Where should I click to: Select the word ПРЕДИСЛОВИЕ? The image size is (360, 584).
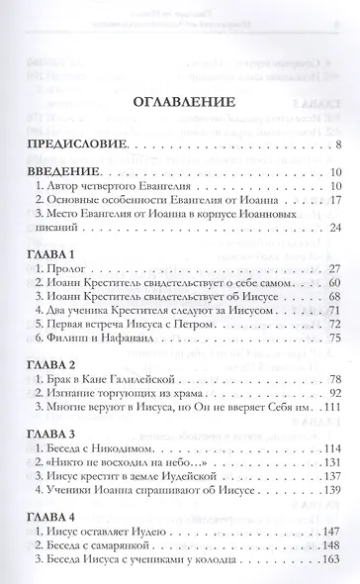tap(79, 146)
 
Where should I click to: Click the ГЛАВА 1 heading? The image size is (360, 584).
tap(54, 255)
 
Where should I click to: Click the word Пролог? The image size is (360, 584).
tap(70, 270)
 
